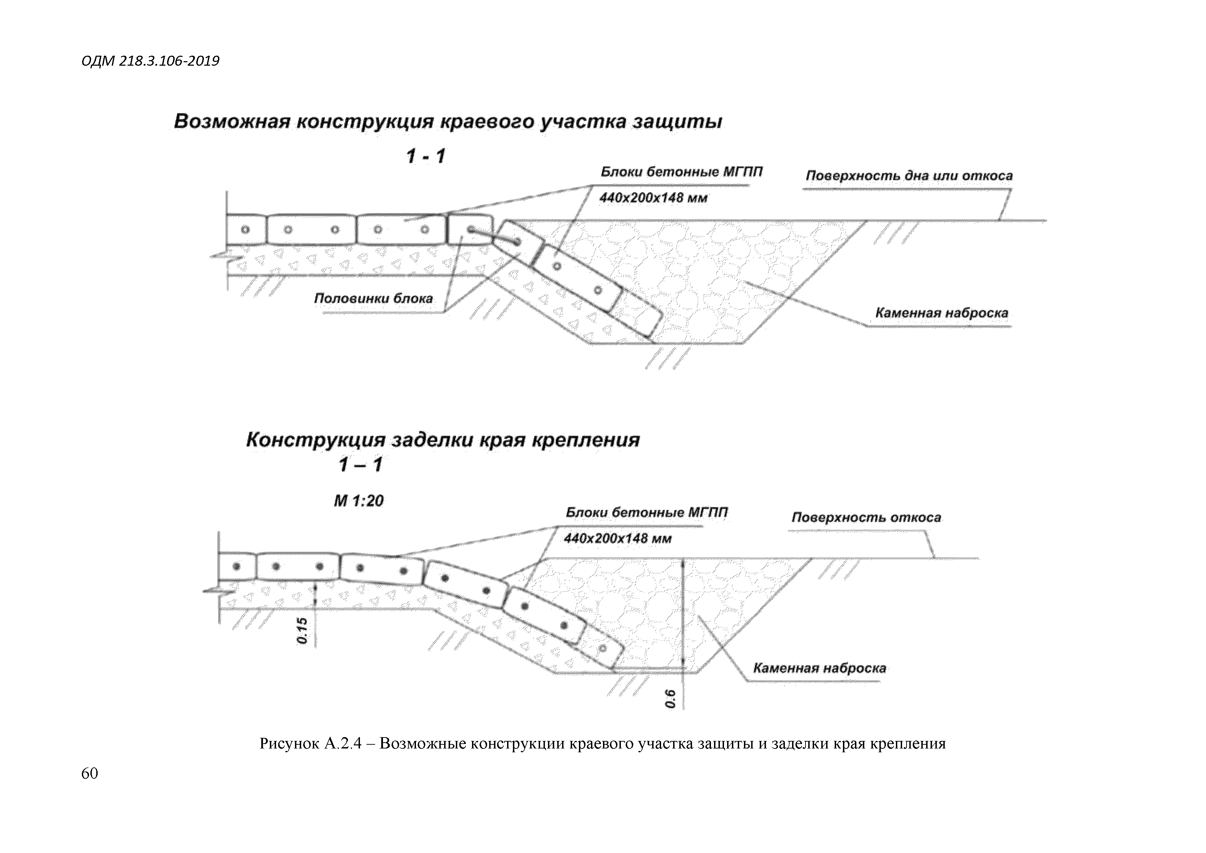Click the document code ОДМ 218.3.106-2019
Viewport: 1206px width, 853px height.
150,62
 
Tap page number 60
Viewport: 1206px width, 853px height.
89,773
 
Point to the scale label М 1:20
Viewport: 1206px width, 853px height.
359,501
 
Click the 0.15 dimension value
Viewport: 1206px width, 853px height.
302,631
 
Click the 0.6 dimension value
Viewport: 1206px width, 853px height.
670,699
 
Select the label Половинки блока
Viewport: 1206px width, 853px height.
373,298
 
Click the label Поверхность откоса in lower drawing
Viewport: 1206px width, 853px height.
866,517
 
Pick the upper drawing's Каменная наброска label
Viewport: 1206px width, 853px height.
941,313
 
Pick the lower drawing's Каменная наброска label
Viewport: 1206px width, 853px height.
819,668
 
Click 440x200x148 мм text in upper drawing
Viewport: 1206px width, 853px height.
653,198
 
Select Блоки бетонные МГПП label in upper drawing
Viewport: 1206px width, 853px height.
681,172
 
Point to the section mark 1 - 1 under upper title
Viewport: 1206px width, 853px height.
426,156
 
